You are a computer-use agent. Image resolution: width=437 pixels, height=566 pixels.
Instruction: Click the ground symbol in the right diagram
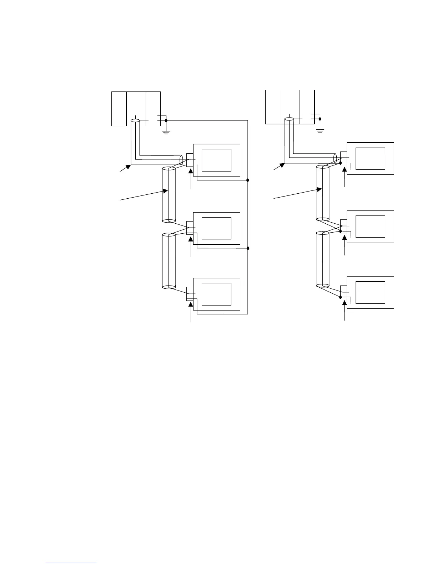(x=320, y=131)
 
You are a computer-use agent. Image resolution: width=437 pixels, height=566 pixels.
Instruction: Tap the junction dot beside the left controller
(x=166, y=121)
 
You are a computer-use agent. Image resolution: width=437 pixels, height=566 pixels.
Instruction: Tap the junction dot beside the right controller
(x=320, y=119)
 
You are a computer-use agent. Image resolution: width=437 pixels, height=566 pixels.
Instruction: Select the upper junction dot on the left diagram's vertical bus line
(x=247, y=180)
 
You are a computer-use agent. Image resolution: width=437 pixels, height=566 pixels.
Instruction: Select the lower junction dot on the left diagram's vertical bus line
(x=247, y=248)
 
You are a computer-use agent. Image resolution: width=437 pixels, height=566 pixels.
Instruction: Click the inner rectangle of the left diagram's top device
(x=216, y=160)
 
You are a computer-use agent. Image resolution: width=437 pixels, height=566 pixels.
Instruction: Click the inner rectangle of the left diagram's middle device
(x=216, y=228)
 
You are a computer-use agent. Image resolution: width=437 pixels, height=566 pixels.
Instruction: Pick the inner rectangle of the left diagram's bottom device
(x=216, y=294)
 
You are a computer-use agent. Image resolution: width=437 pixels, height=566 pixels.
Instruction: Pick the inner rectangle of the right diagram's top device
(x=371, y=158)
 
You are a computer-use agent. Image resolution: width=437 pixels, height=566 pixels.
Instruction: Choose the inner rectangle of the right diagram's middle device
(x=371, y=226)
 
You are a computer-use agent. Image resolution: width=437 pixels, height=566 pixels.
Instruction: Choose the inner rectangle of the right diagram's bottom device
(x=371, y=292)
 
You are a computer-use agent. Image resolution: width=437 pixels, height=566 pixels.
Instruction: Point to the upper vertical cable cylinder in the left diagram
(x=169, y=195)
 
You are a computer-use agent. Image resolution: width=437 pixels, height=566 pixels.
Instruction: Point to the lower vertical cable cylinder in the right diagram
(x=322, y=259)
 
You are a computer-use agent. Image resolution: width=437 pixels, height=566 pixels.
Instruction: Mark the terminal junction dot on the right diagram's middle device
(x=341, y=231)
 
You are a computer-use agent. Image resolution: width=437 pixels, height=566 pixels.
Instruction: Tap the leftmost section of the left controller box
(x=119, y=109)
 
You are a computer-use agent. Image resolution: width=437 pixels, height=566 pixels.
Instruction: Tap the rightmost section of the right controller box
(x=307, y=107)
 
